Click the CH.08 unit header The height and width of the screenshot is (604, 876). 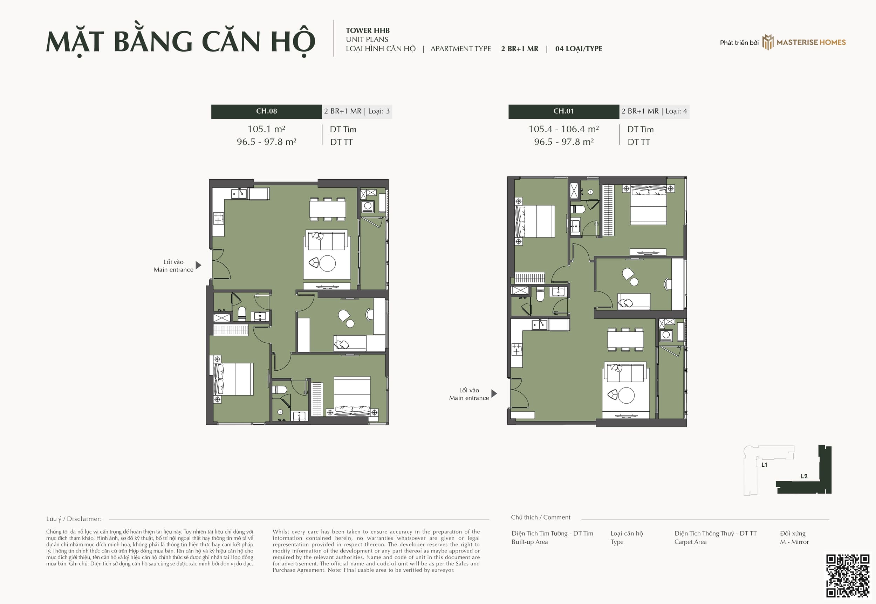point(266,111)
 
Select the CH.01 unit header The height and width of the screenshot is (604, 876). point(563,111)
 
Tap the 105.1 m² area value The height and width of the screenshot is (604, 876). point(266,129)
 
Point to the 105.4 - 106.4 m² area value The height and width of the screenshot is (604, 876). point(563,129)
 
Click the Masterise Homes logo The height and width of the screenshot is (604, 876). point(804,42)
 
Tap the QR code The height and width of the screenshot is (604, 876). point(848,576)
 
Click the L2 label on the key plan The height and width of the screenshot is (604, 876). point(804,476)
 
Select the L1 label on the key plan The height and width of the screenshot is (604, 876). point(764,465)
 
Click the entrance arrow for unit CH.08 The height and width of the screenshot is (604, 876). point(198,265)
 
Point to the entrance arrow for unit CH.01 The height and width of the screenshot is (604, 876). point(494,393)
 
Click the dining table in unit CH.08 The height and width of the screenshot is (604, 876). point(328,209)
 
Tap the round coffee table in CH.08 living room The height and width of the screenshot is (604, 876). point(327,263)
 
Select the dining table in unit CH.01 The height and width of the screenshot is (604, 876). point(625,339)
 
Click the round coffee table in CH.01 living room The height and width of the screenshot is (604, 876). point(626,396)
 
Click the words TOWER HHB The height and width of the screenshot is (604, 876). point(368,30)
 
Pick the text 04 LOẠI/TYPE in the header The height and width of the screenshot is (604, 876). point(579,48)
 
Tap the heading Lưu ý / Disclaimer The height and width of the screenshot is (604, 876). point(74,519)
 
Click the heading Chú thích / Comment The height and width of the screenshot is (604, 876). point(540,517)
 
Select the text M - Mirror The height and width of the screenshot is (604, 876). point(794,542)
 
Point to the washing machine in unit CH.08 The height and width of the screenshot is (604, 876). point(367,206)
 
